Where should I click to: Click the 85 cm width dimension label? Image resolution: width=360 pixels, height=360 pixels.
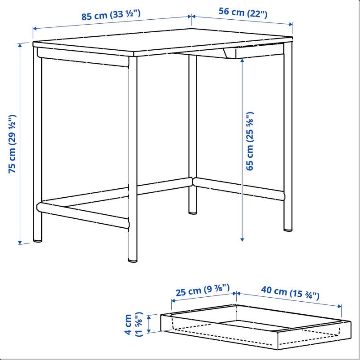point(111,15)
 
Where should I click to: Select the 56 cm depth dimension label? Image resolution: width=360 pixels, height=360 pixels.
point(243,13)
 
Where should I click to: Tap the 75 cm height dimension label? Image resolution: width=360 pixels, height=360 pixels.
point(13,144)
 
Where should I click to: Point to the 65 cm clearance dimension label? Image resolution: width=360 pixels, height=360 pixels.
point(250,141)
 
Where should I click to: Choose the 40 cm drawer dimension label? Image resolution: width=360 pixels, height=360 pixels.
point(290,293)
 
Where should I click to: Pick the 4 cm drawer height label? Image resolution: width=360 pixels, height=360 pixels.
point(133,325)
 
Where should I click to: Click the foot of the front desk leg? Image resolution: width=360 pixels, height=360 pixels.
point(133,260)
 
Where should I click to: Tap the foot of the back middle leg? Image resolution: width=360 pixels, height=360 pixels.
point(193,213)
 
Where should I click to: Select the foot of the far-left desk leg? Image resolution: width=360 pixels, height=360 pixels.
point(38,240)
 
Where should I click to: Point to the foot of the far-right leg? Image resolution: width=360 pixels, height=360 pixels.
point(288,229)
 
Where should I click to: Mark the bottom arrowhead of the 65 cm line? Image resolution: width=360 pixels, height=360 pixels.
point(242,240)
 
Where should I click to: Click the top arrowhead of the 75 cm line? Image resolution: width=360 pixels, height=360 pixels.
point(20,45)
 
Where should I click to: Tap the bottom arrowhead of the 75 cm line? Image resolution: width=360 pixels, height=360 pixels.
point(20,242)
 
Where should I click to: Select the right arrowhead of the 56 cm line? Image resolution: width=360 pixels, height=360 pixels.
point(291,24)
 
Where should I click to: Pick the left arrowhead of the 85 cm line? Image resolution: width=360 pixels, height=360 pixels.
point(35,29)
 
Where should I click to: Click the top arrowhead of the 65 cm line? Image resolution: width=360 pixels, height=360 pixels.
point(242,61)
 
